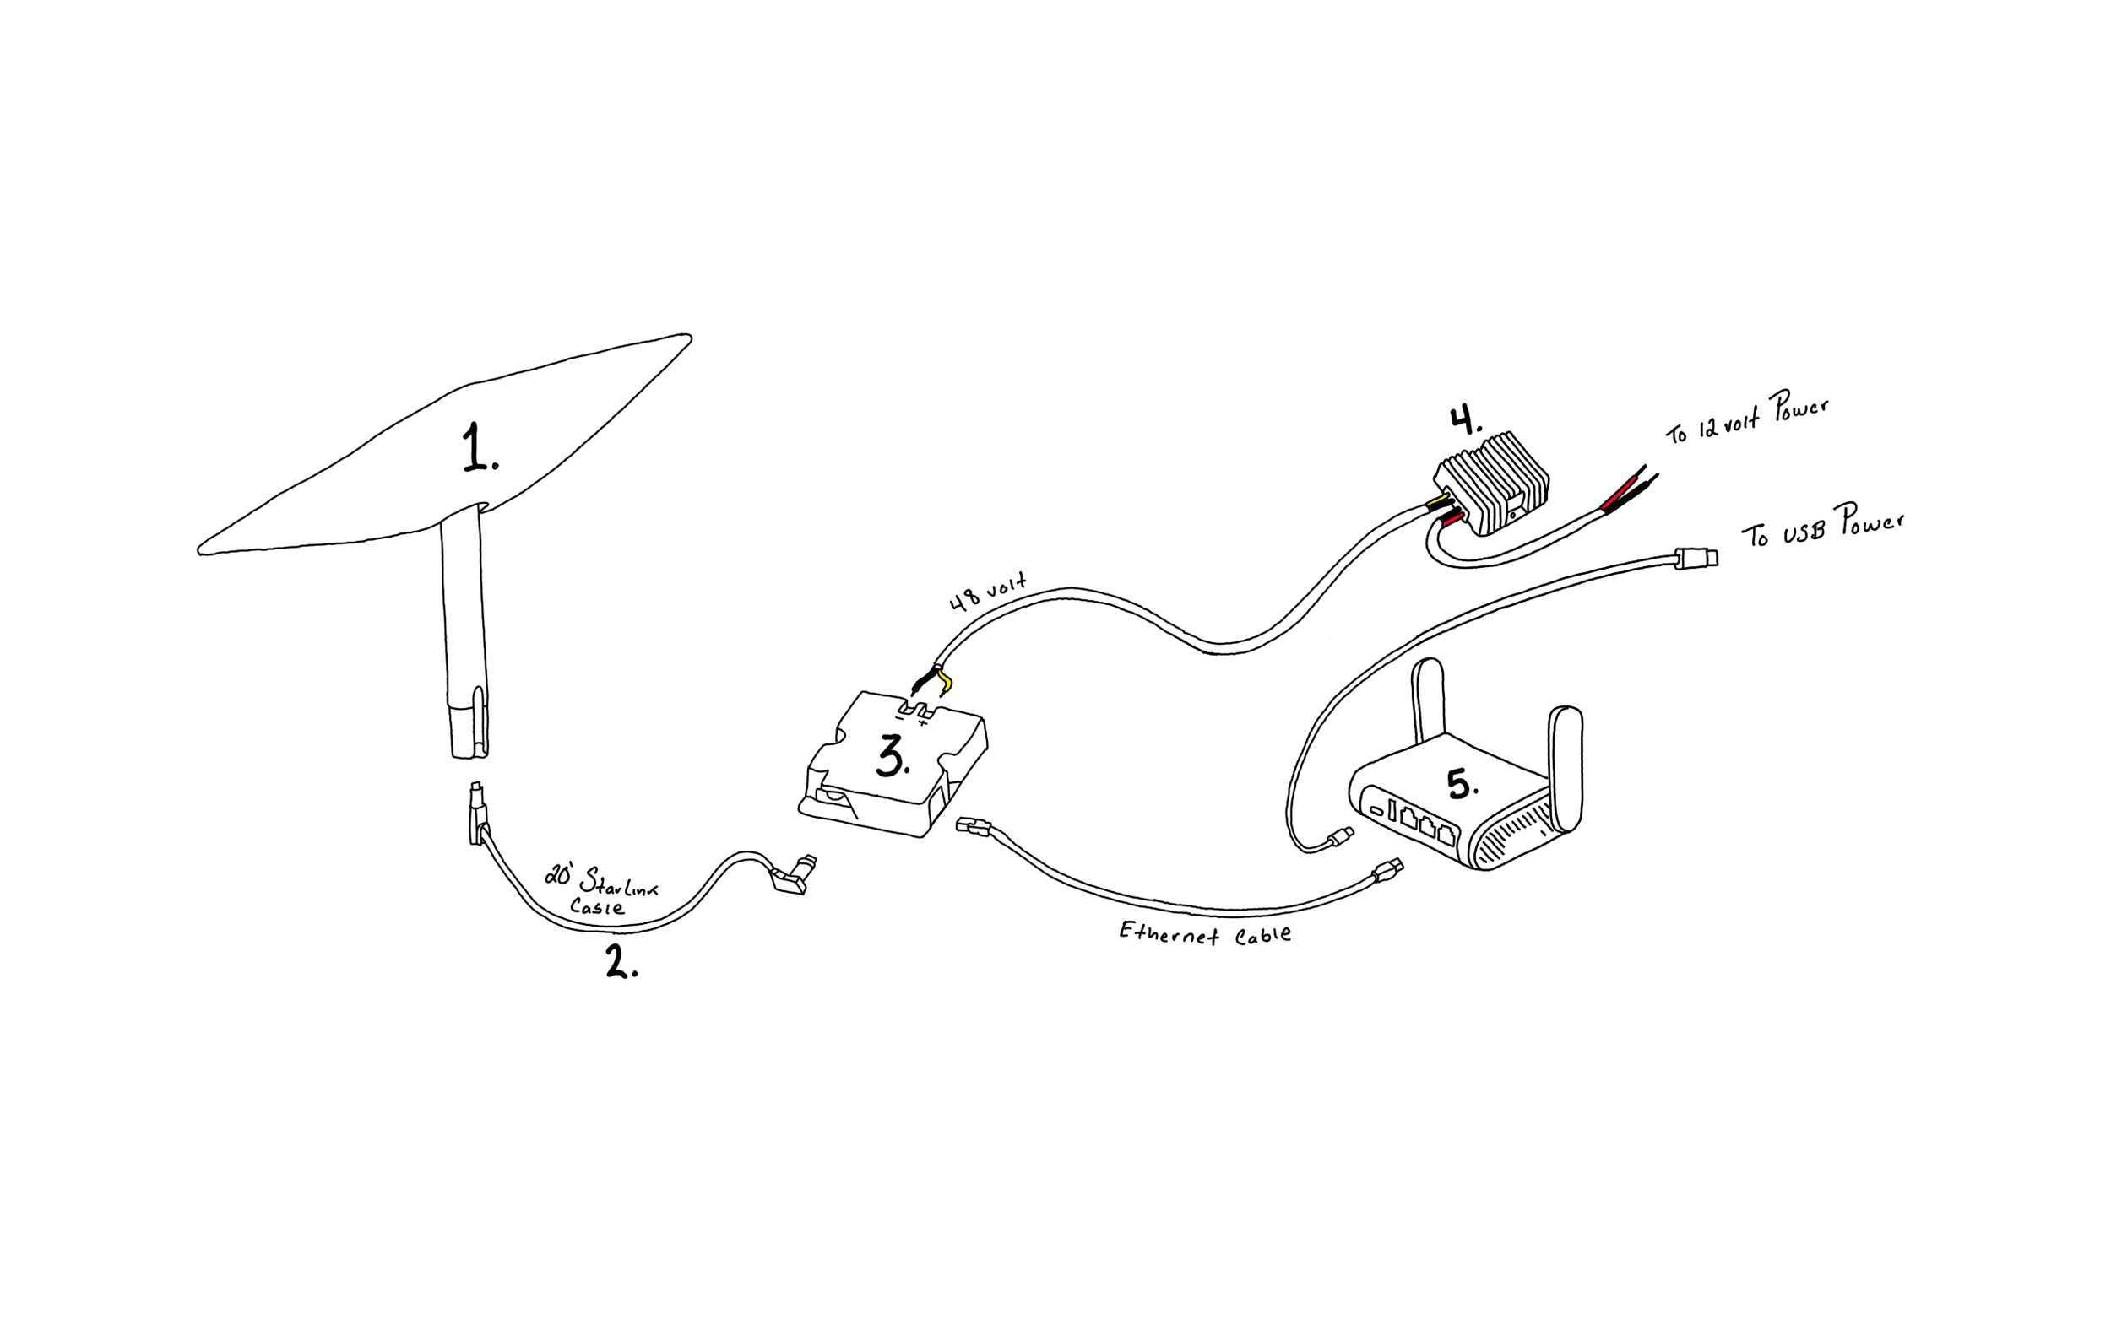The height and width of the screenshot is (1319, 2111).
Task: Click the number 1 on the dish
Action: (479, 448)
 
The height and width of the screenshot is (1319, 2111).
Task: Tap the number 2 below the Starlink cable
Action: (621, 962)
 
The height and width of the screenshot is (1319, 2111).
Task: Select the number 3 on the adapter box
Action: (892, 755)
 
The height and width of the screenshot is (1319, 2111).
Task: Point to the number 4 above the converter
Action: (1465, 420)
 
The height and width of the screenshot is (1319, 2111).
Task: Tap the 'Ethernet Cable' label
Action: (1204, 932)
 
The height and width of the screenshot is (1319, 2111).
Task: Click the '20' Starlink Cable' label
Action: (601, 889)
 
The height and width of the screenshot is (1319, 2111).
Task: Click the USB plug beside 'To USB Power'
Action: (1696, 558)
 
